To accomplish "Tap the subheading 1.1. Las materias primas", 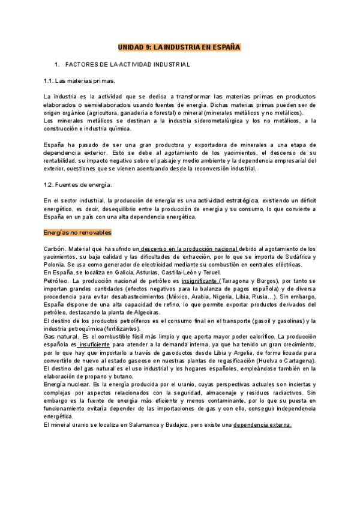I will (x=80, y=80).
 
